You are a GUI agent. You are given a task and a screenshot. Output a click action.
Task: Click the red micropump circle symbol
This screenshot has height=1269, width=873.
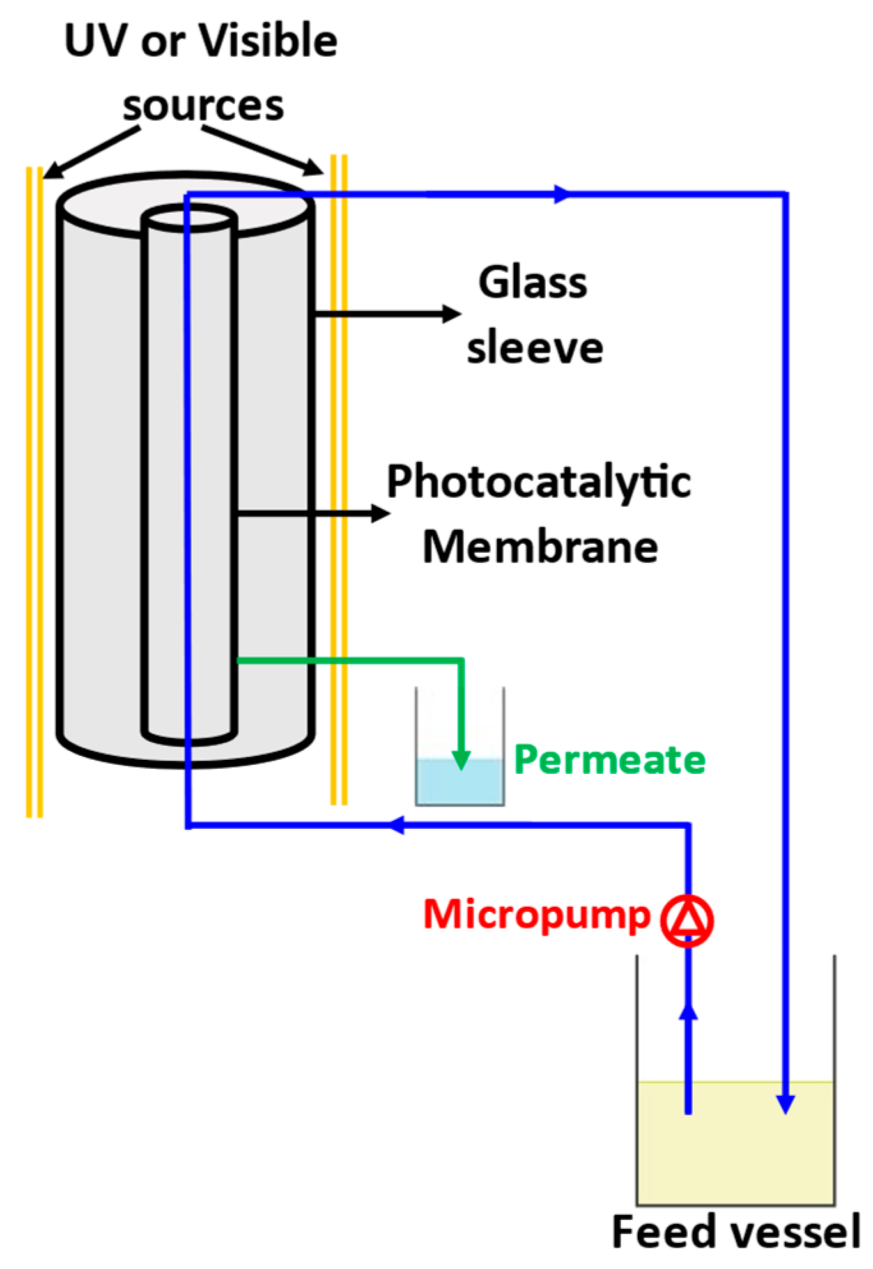coord(687,920)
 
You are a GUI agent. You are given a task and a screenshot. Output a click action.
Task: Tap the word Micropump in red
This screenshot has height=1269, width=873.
coord(536,915)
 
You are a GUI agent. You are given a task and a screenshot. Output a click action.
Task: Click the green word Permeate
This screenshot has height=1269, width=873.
coord(609,760)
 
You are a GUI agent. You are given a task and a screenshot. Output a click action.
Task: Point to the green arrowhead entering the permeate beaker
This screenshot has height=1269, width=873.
coord(461,760)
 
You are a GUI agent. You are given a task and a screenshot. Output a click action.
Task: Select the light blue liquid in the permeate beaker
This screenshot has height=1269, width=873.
coord(441,783)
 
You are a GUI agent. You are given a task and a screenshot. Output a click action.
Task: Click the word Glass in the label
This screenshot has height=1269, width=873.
coord(532,282)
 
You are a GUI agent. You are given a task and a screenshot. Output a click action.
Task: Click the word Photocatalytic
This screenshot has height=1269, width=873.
coord(539,482)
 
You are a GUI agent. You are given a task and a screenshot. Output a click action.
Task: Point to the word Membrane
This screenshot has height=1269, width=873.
coord(540,548)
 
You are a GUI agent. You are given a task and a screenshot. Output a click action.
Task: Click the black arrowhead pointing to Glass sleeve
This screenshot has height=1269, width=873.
coord(452,314)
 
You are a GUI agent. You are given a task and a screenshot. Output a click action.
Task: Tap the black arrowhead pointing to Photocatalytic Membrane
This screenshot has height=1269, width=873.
coord(382,512)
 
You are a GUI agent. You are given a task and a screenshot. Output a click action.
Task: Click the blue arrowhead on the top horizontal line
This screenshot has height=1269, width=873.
coord(561,194)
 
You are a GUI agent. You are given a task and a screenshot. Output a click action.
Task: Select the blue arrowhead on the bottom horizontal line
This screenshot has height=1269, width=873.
coord(396,825)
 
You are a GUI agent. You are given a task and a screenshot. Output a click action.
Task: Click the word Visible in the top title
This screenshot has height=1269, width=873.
coord(268,41)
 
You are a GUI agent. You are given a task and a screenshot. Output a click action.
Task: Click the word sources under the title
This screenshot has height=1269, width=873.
coord(203,105)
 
